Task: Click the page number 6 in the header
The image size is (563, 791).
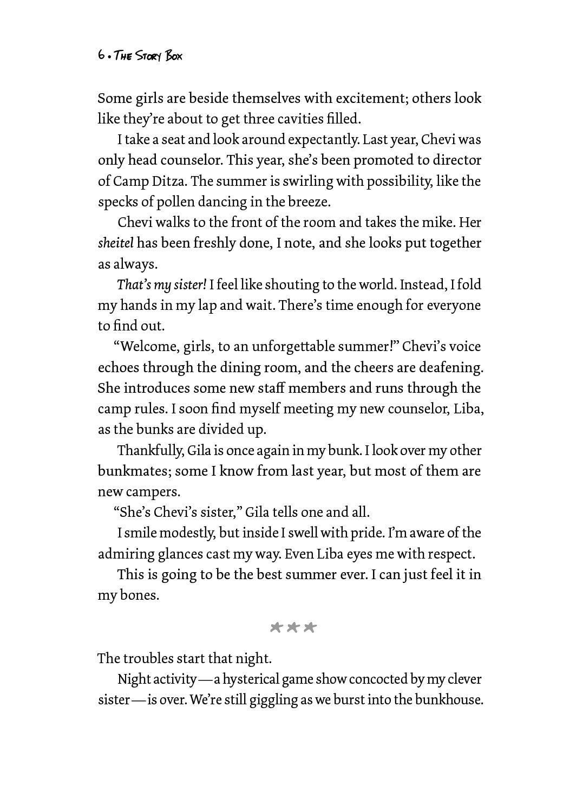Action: click(x=101, y=55)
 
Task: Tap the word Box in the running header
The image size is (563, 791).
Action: click(x=174, y=56)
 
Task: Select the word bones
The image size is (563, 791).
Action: click(x=139, y=595)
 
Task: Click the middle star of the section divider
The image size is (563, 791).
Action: click(x=293, y=627)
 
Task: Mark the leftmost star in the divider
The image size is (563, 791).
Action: click(x=277, y=627)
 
